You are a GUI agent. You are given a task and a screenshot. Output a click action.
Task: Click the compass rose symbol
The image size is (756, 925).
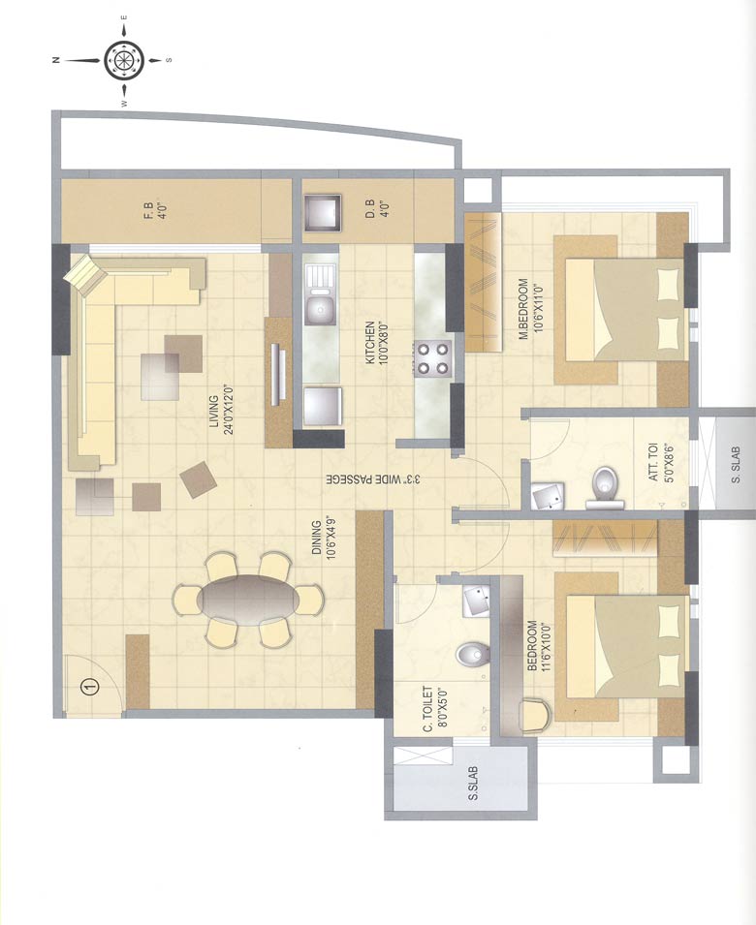point(123,59)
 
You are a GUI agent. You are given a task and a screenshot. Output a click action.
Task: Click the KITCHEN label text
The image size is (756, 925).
point(376,343)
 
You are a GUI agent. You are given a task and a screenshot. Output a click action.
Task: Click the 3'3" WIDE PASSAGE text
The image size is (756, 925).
point(374,478)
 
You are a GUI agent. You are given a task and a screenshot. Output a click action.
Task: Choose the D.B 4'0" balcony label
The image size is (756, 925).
point(377,210)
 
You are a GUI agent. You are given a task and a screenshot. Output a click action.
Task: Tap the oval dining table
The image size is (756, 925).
point(248,600)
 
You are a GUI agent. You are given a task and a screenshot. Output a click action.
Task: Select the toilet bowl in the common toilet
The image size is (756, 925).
point(470,655)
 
